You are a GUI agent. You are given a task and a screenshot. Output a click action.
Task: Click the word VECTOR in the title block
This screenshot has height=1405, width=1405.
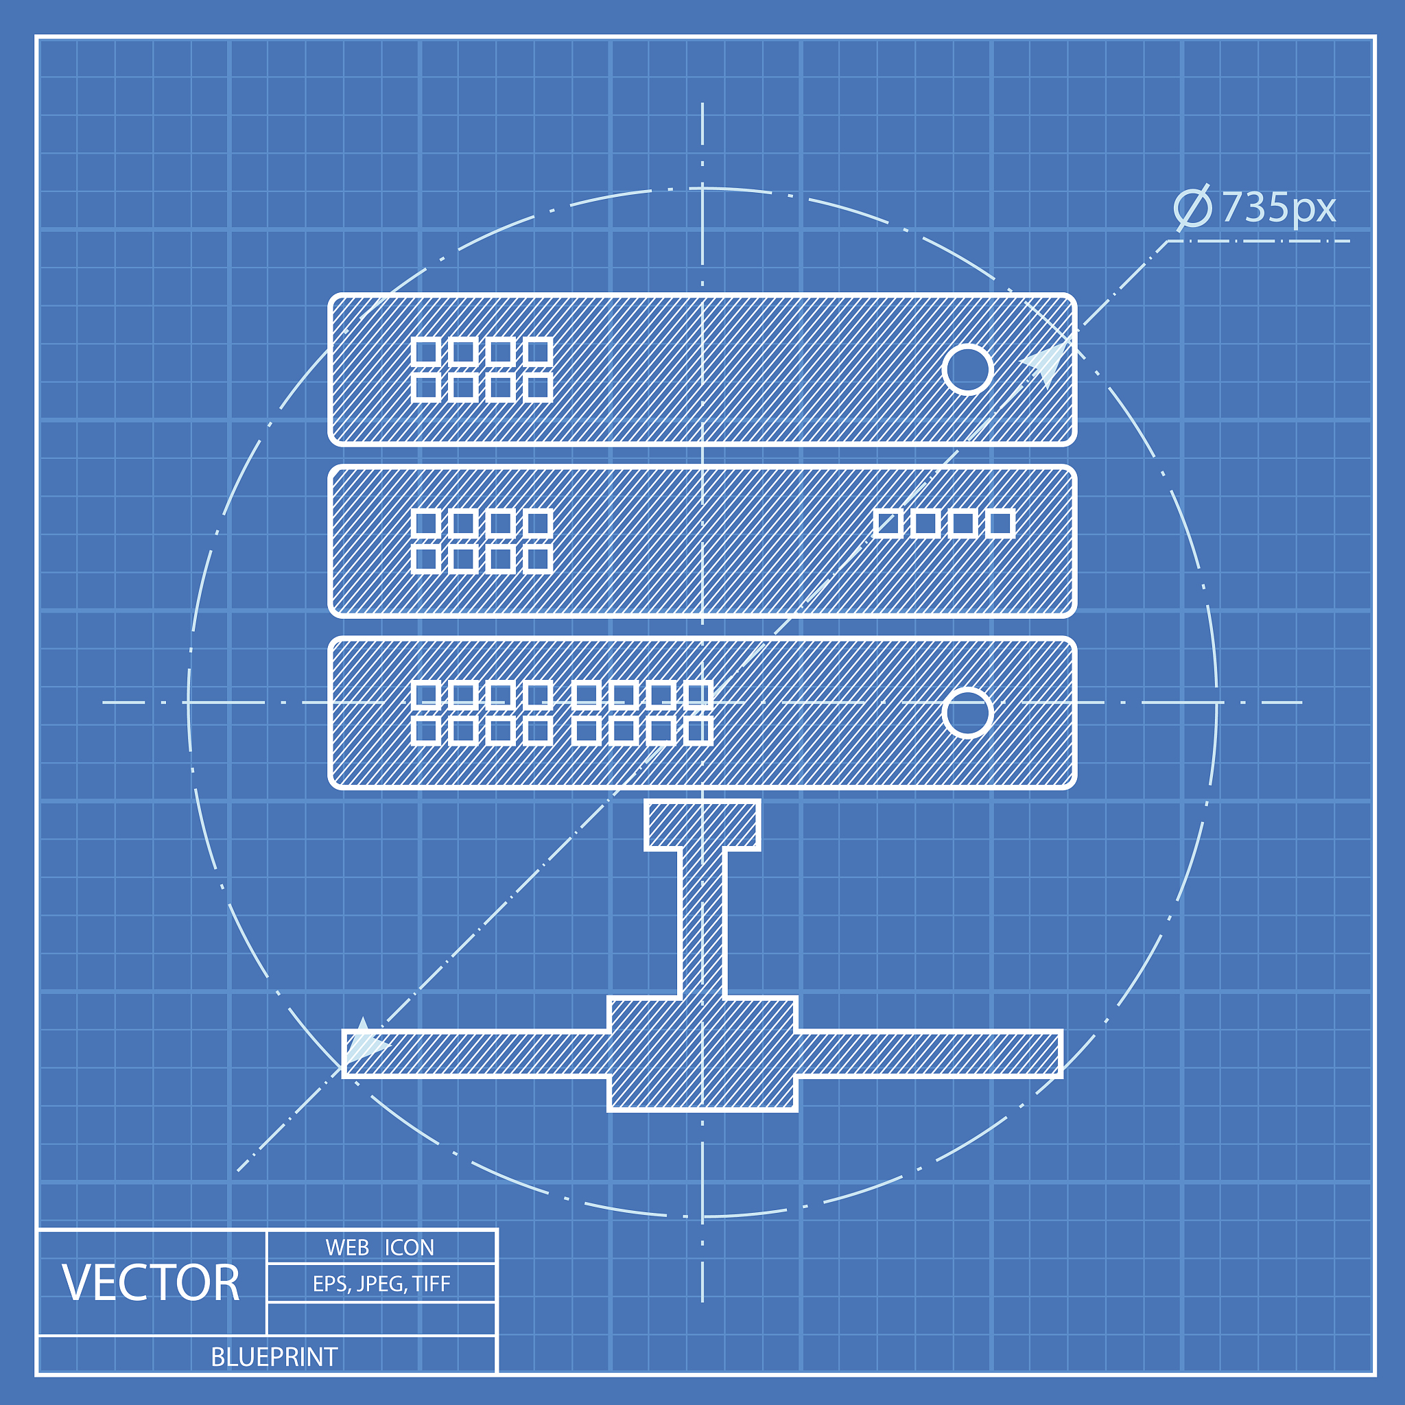[x=150, y=1283]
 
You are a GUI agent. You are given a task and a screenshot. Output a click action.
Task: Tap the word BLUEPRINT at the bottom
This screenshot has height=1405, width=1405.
[x=274, y=1357]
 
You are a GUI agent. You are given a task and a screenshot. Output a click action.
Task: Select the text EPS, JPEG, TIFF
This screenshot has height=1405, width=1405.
[x=381, y=1284]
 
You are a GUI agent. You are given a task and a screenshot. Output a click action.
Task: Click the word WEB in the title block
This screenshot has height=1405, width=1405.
[x=347, y=1248]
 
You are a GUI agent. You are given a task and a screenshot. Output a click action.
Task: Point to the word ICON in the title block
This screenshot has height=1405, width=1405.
[x=409, y=1248]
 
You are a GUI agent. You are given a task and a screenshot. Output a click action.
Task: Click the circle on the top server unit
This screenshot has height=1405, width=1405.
[x=967, y=370]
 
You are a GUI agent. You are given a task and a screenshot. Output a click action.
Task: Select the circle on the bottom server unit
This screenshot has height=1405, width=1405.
[x=967, y=713]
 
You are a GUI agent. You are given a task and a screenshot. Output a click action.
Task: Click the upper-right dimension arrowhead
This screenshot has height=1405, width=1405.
[x=1047, y=362]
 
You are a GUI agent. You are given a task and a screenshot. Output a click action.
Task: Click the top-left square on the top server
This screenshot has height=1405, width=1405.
[x=425, y=352]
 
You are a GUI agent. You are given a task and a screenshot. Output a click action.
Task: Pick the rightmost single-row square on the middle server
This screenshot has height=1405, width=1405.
[x=1001, y=523]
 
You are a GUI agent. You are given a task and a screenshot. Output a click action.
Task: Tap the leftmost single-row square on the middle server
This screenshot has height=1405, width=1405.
[x=887, y=523]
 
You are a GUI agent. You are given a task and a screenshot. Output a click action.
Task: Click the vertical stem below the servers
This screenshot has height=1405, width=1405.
[x=702, y=923]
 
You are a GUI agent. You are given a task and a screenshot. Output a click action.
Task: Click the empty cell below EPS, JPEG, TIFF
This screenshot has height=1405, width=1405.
[x=381, y=1319]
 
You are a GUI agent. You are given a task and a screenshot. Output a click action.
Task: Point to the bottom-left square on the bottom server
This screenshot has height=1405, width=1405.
[x=425, y=731]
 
